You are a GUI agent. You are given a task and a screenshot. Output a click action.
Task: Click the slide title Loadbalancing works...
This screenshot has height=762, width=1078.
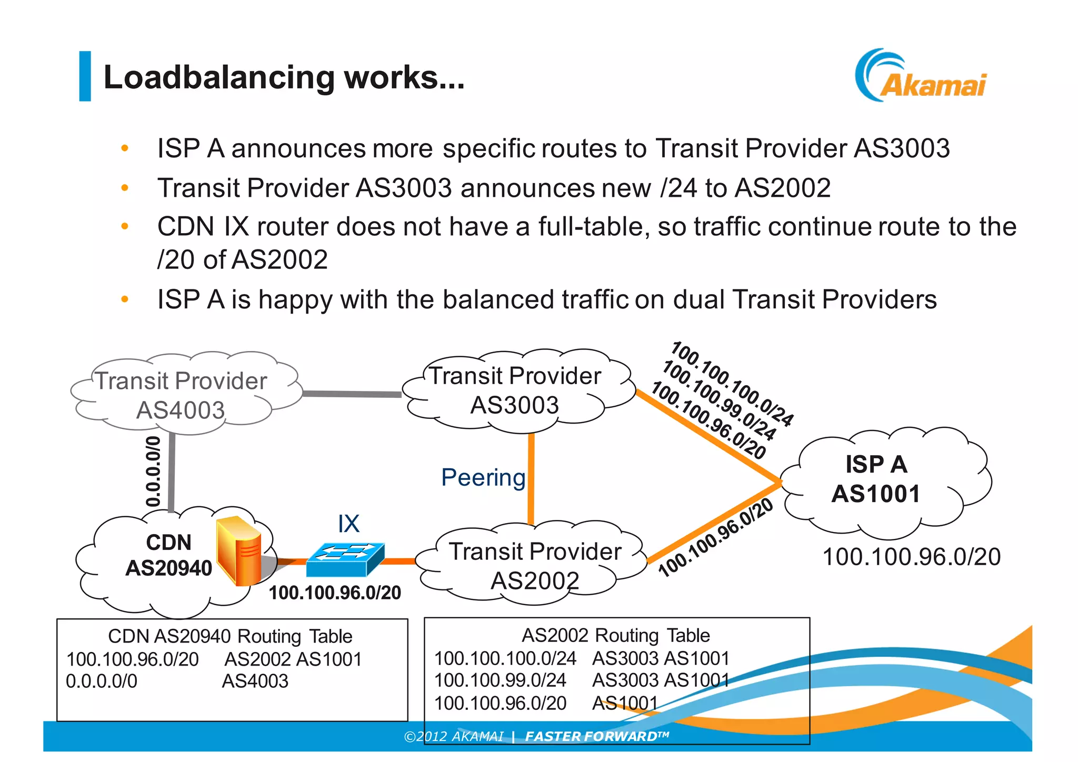284,77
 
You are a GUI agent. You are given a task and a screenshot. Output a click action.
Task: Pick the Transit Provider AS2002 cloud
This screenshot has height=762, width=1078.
534,566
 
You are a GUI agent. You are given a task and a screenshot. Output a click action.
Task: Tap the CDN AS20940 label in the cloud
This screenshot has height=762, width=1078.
168,555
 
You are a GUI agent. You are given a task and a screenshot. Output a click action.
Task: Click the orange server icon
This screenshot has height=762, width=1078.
239,550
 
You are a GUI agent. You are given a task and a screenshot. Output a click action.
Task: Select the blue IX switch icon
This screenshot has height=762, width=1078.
345,559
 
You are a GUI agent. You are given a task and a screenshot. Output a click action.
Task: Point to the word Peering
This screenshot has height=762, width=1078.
483,478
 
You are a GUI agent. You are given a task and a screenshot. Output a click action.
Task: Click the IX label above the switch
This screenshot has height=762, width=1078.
348,524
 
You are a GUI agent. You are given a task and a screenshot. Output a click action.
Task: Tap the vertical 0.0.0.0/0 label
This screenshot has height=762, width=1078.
153,471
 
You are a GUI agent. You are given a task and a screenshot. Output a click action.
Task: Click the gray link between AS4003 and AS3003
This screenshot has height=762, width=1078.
352,394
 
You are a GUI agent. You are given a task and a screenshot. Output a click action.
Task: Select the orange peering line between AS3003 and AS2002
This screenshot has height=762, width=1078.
531,479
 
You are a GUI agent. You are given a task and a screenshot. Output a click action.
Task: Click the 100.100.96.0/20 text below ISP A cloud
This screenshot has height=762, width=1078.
911,557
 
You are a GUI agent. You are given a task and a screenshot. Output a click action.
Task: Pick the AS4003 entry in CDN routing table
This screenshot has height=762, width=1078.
255,681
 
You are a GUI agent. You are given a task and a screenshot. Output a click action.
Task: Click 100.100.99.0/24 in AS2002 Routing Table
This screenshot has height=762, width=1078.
500,680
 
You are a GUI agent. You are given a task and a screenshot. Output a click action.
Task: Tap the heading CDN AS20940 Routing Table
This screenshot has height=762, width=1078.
230,636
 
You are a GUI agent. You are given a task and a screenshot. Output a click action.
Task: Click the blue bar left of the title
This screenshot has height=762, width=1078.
85,76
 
